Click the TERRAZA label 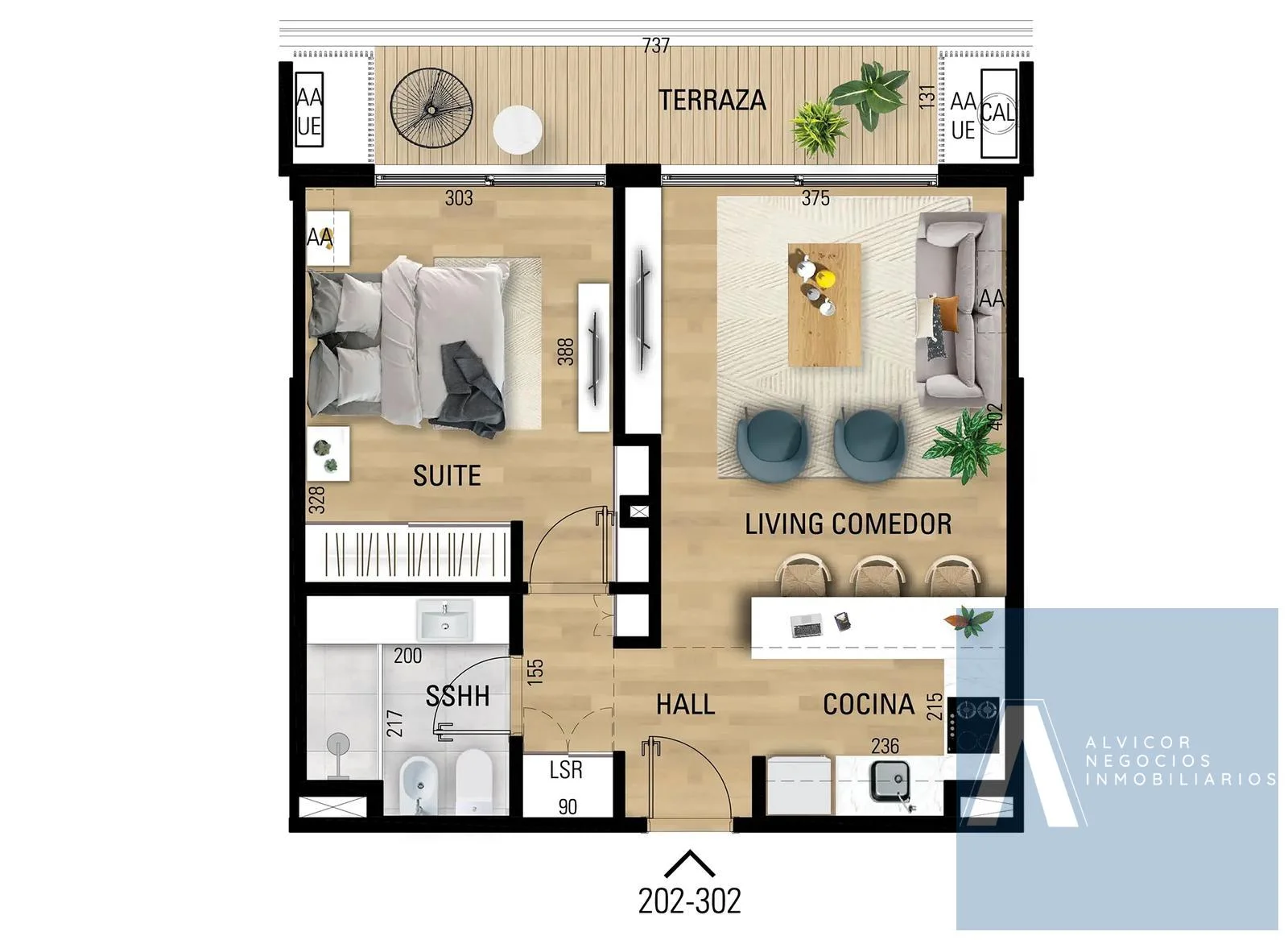pos(712,100)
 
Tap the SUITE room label pos(447,476)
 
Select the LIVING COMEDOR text pos(848,524)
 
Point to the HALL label pos(685,704)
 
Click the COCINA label pos(869,704)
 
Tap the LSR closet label pos(566,770)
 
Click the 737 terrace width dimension pos(656,45)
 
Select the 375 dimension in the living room pos(815,198)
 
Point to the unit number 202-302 pos(689,901)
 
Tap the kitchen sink pos(891,781)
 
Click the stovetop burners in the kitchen pos(973,725)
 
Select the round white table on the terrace pos(518,130)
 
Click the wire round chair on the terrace pos(431,108)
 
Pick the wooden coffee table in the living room pos(824,304)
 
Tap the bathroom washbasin pos(445,620)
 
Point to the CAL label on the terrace pos(997,112)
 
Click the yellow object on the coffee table pos(826,279)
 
